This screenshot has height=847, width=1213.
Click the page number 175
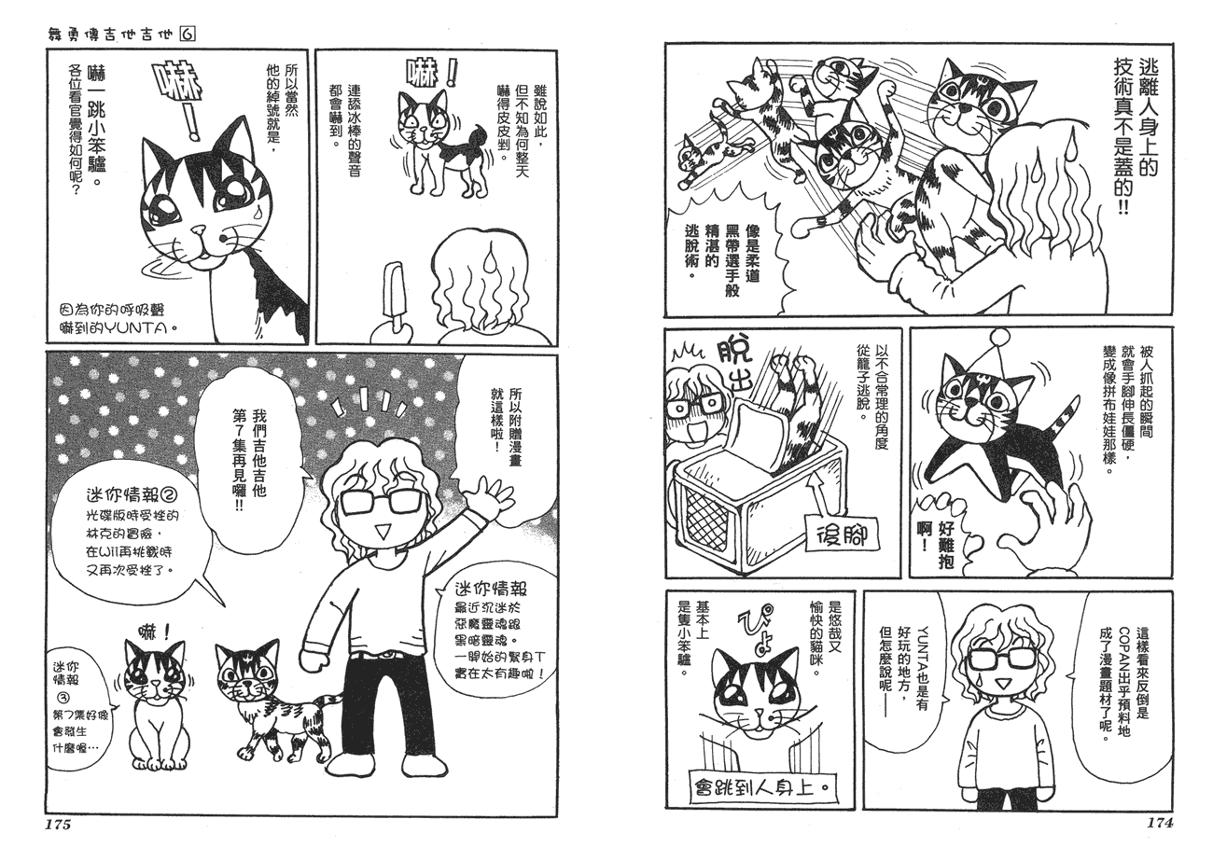(58, 826)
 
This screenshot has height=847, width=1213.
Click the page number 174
(1160, 823)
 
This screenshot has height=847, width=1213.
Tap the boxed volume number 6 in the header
(188, 35)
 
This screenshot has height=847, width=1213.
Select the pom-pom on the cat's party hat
(1000, 338)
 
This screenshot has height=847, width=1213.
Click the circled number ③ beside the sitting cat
(63, 700)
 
